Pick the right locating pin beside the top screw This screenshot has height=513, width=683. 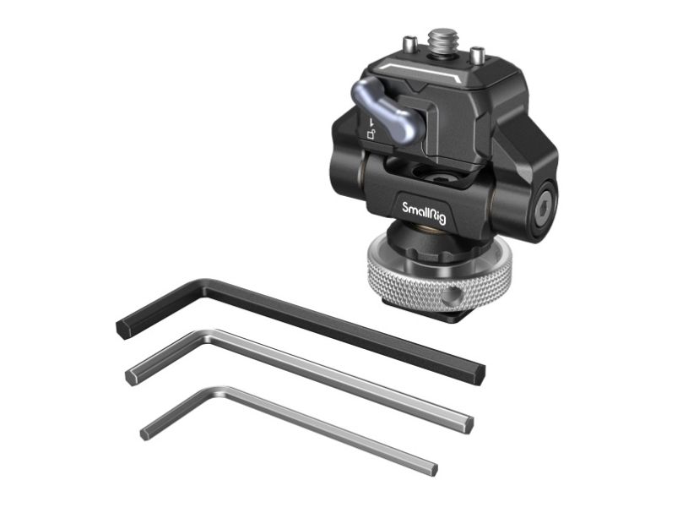(477, 54)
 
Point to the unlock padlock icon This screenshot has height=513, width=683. (371, 134)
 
